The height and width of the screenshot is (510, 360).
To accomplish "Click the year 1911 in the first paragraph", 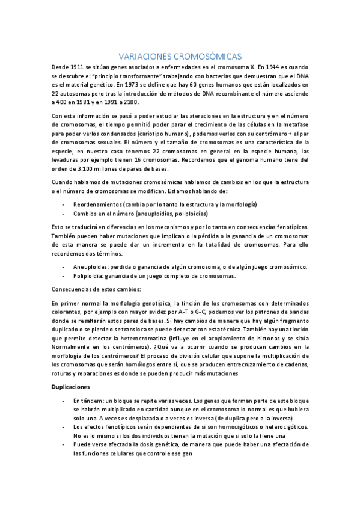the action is click(x=83, y=67).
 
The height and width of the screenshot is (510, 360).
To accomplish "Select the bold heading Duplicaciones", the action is click(x=71, y=386).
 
